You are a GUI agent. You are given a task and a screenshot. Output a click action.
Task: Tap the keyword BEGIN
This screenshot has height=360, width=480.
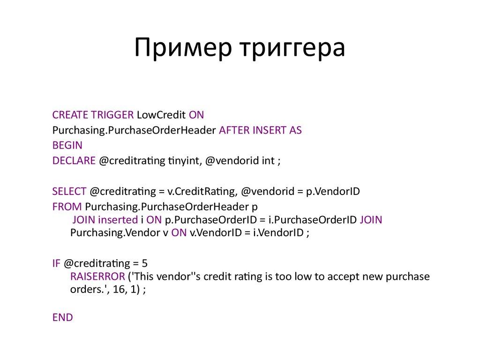coord(67,145)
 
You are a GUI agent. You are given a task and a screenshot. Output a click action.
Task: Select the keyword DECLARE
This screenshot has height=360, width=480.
coord(74,161)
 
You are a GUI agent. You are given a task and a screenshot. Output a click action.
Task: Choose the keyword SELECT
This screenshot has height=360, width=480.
coord(69,191)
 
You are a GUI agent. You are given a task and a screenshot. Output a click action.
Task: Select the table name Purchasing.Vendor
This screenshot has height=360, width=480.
coord(111,233)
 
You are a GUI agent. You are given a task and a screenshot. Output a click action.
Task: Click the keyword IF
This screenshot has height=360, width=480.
coord(56,263)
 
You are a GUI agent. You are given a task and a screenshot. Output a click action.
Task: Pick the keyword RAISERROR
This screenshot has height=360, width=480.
coord(97,277)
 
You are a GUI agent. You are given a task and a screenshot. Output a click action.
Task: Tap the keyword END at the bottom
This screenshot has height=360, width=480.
coord(62,318)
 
